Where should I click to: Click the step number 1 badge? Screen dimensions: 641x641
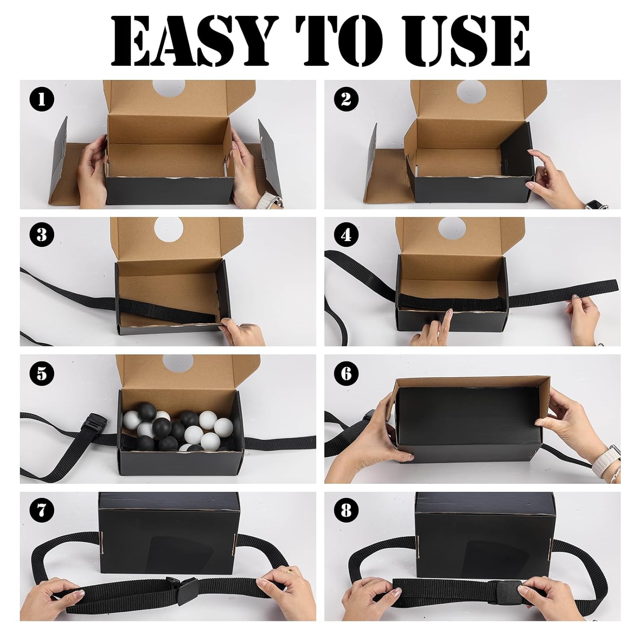[42, 100]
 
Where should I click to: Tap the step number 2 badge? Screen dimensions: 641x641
[346, 100]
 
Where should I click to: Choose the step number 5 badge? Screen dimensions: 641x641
[42, 373]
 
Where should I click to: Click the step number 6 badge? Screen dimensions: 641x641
[346, 373]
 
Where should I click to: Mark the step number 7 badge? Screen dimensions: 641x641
[42, 511]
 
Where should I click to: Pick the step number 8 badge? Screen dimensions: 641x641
[346, 511]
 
